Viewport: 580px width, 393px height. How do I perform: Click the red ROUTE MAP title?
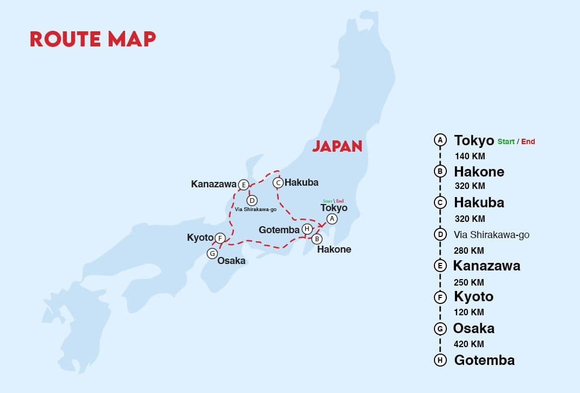tap(93, 38)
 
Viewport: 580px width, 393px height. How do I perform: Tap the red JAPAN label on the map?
tap(337, 146)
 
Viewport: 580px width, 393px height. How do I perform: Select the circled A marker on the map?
tap(332, 219)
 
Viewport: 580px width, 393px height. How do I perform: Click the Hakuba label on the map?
tap(301, 182)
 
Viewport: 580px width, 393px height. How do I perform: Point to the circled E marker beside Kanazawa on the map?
tap(243, 185)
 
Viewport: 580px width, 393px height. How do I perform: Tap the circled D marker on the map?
tap(252, 200)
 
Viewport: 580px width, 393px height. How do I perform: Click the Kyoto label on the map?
tap(200, 238)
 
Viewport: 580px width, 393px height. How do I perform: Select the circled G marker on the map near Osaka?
tap(212, 253)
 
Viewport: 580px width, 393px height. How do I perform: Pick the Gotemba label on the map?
tap(279, 229)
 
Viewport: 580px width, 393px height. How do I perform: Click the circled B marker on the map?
tap(317, 239)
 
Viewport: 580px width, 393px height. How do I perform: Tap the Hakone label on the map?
tap(334, 249)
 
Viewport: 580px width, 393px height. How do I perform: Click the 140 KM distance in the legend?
tap(469, 157)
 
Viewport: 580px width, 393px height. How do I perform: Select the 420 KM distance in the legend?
tap(469, 344)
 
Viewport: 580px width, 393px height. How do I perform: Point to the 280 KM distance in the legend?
tap(469, 250)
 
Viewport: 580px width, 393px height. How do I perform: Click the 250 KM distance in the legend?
tap(469, 282)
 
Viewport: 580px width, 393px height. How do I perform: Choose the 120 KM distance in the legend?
tap(469, 312)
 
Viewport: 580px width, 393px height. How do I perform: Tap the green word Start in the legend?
tap(506, 141)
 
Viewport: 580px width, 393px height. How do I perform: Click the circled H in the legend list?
tap(440, 360)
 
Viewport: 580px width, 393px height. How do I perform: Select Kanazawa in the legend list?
tap(486, 266)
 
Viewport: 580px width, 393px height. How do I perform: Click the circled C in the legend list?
tap(440, 202)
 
